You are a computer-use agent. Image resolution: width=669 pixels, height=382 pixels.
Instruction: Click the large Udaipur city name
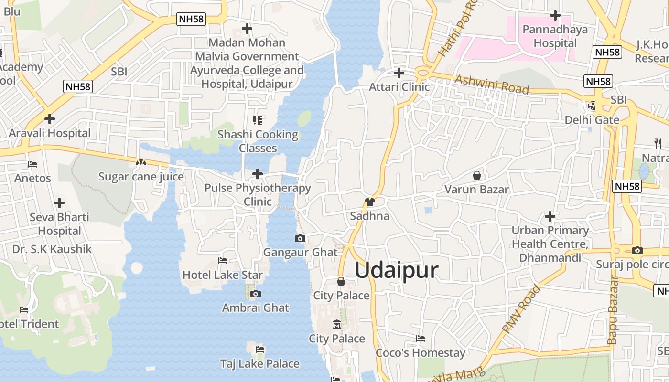396,270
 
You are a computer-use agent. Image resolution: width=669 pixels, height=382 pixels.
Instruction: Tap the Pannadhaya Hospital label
555,36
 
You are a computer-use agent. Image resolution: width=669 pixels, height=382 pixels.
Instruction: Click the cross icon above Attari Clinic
399,73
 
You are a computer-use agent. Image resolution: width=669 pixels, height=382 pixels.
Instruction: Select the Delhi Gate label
592,120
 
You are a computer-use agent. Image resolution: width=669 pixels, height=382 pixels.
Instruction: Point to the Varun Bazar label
476,190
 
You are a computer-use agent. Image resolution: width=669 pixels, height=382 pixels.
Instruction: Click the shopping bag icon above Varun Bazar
476,175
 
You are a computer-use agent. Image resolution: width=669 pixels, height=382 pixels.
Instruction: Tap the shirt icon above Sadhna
369,202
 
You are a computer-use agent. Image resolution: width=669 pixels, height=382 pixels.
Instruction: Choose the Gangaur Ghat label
300,252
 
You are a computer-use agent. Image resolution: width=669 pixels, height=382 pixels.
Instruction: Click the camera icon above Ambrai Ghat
256,294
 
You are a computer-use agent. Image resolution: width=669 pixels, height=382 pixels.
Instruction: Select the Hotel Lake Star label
223,275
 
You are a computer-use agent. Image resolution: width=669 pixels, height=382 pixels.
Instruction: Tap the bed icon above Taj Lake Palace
260,350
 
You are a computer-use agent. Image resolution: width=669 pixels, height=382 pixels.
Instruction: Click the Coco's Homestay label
421,353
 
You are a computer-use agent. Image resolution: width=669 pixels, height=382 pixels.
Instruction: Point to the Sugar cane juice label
141,177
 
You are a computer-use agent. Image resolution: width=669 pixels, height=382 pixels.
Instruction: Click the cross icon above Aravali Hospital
49,119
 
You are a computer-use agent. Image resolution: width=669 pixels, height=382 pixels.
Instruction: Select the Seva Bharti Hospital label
59,224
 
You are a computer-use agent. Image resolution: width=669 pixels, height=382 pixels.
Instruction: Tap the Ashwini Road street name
492,85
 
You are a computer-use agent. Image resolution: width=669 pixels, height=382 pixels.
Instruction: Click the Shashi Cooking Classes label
258,141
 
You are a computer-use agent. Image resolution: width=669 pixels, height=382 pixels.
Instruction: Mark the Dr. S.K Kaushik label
52,249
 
